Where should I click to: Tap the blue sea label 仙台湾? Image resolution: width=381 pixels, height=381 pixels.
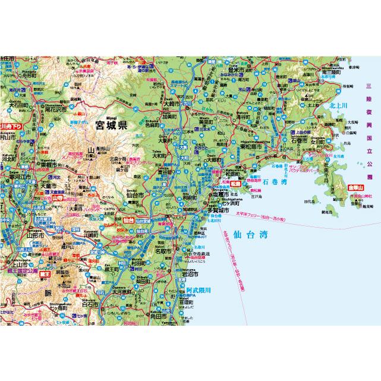click(250, 234)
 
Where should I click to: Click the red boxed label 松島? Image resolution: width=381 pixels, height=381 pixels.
click(234, 184)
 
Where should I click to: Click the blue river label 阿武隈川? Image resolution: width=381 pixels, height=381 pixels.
click(197, 291)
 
